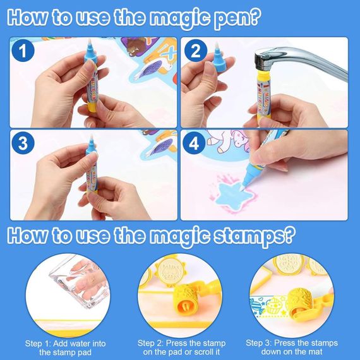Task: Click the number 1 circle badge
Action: tap(23, 51)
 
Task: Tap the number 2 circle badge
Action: tap(196, 51)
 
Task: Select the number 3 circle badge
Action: tap(23, 143)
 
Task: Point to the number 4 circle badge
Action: tap(194, 144)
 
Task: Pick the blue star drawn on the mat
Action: tap(234, 195)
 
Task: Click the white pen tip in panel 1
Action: tap(90, 42)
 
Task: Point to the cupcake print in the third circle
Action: tap(273, 306)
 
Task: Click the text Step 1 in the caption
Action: tap(38, 344)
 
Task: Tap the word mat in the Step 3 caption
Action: tap(315, 352)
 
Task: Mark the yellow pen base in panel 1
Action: tap(92, 107)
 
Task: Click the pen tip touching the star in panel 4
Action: tap(244, 187)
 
